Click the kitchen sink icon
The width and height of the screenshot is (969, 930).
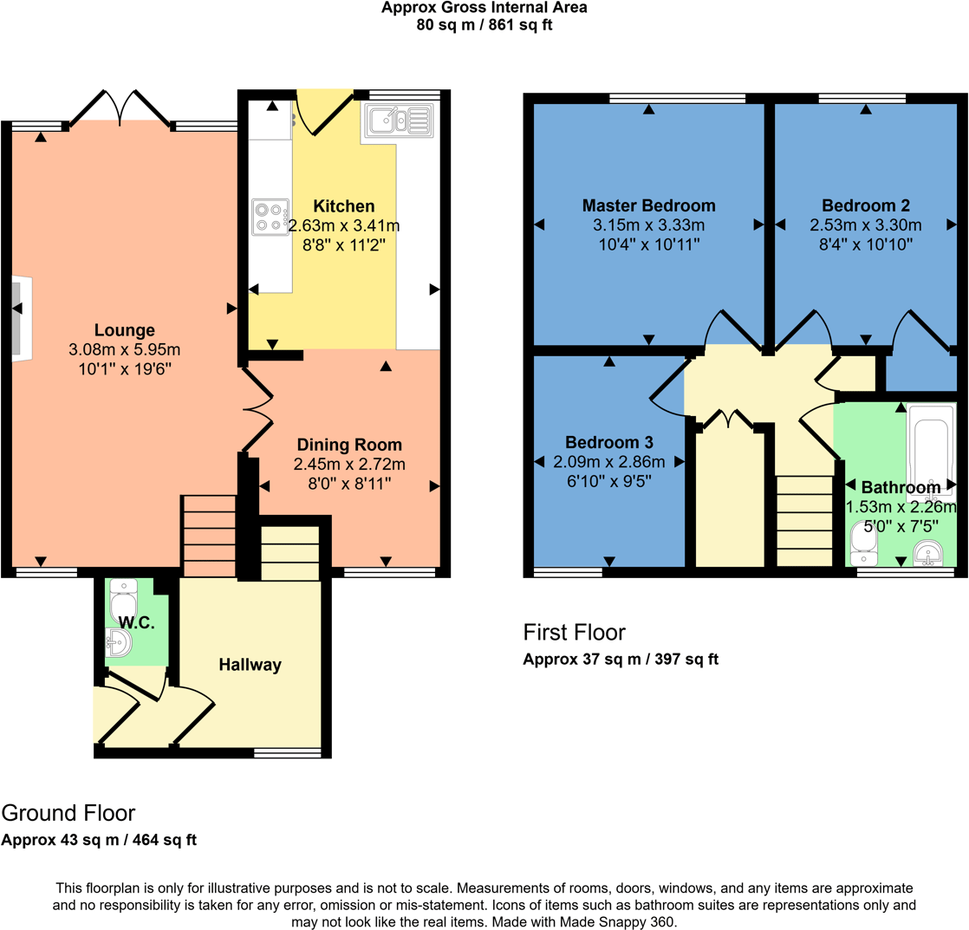[399, 120]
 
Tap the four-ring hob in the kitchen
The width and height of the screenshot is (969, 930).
[270, 217]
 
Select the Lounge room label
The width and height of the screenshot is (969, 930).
[125, 329]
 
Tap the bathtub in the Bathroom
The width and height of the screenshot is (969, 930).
[931, 451]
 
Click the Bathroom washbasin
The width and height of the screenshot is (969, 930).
[928, 552]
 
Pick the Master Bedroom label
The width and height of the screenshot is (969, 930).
[648, 205]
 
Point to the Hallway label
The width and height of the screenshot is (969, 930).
[250, 666]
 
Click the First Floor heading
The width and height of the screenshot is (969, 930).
[574, 631]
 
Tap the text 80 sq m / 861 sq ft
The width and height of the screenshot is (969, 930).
[484, 24]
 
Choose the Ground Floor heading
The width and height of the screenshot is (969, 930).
[68, 813]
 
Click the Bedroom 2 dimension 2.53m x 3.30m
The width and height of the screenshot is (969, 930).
[865, 225]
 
